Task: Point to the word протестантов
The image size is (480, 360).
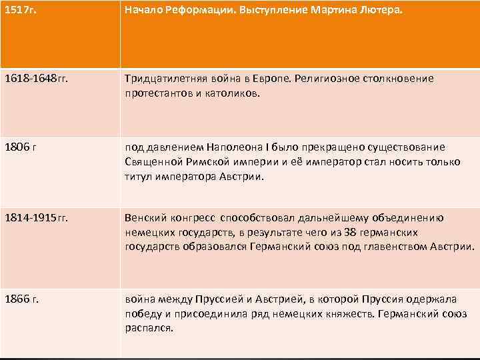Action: [x=157, y=93]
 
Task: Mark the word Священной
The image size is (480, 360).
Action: [x=151, y=162]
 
